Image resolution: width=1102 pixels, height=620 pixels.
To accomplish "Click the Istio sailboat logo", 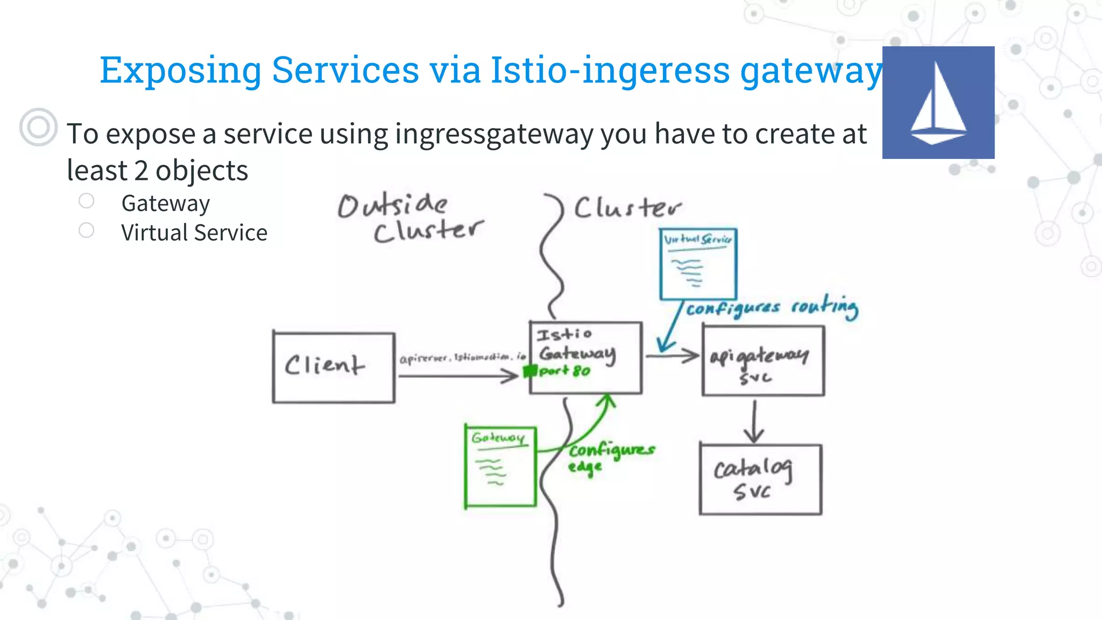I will [938, 102].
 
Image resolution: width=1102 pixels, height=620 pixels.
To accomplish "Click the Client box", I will [334, 367].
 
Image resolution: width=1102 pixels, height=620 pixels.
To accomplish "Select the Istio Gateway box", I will [585, 357].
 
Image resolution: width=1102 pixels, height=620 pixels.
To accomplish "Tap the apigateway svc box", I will [763, 361].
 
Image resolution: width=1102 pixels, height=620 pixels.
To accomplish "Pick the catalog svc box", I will [760, 479].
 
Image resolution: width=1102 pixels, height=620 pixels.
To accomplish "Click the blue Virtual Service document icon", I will [698, 264].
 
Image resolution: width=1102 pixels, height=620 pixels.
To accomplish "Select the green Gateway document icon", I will [500, 466].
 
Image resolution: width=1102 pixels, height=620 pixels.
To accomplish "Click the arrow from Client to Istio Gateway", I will [457, 376].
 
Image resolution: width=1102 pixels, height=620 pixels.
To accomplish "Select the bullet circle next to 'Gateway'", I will [86, 201].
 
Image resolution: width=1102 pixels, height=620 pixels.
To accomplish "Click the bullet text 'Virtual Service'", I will [194, 232].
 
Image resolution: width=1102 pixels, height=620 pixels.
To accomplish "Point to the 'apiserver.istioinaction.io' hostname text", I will [462, 357].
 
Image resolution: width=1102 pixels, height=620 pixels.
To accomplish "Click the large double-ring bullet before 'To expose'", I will [38, 127].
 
